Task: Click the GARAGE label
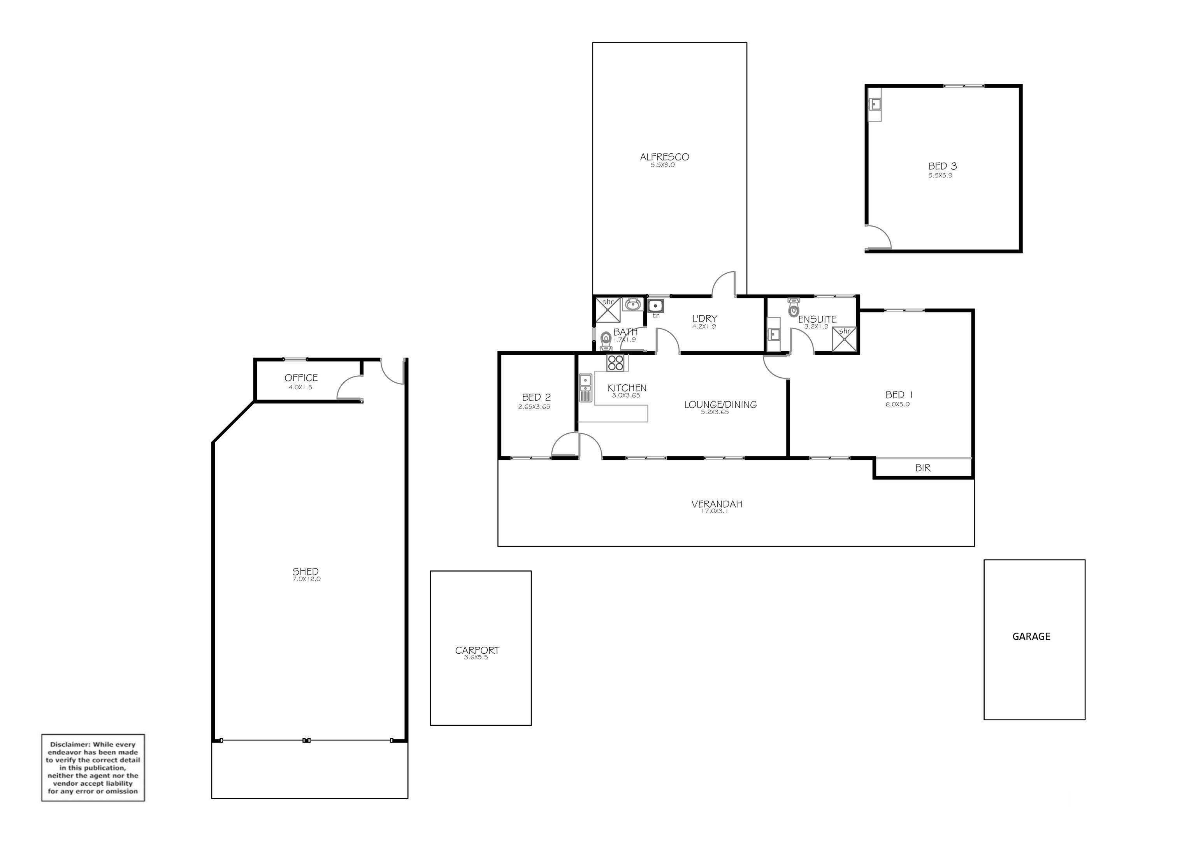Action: click(x=1031, y=636)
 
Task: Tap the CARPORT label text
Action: click(x=477, y=650)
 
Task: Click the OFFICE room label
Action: click(x=301, y=378)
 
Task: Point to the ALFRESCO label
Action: click(x=664, y=157)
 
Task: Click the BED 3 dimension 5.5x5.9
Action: click(x=940, y=175)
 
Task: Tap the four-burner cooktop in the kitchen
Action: click(x=616, y=362)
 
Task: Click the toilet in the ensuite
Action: click(x=793, y=308)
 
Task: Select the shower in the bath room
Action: click(x=608, y=310)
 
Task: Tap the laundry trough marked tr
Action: click(x=656, y=305)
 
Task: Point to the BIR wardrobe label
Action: click(x=923, y=468)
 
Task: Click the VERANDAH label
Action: click(x=717, y=504)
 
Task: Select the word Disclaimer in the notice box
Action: click(x=71, y=744)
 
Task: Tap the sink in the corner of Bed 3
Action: click(x=875, y=105)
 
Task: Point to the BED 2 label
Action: click(x=536, y=397)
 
